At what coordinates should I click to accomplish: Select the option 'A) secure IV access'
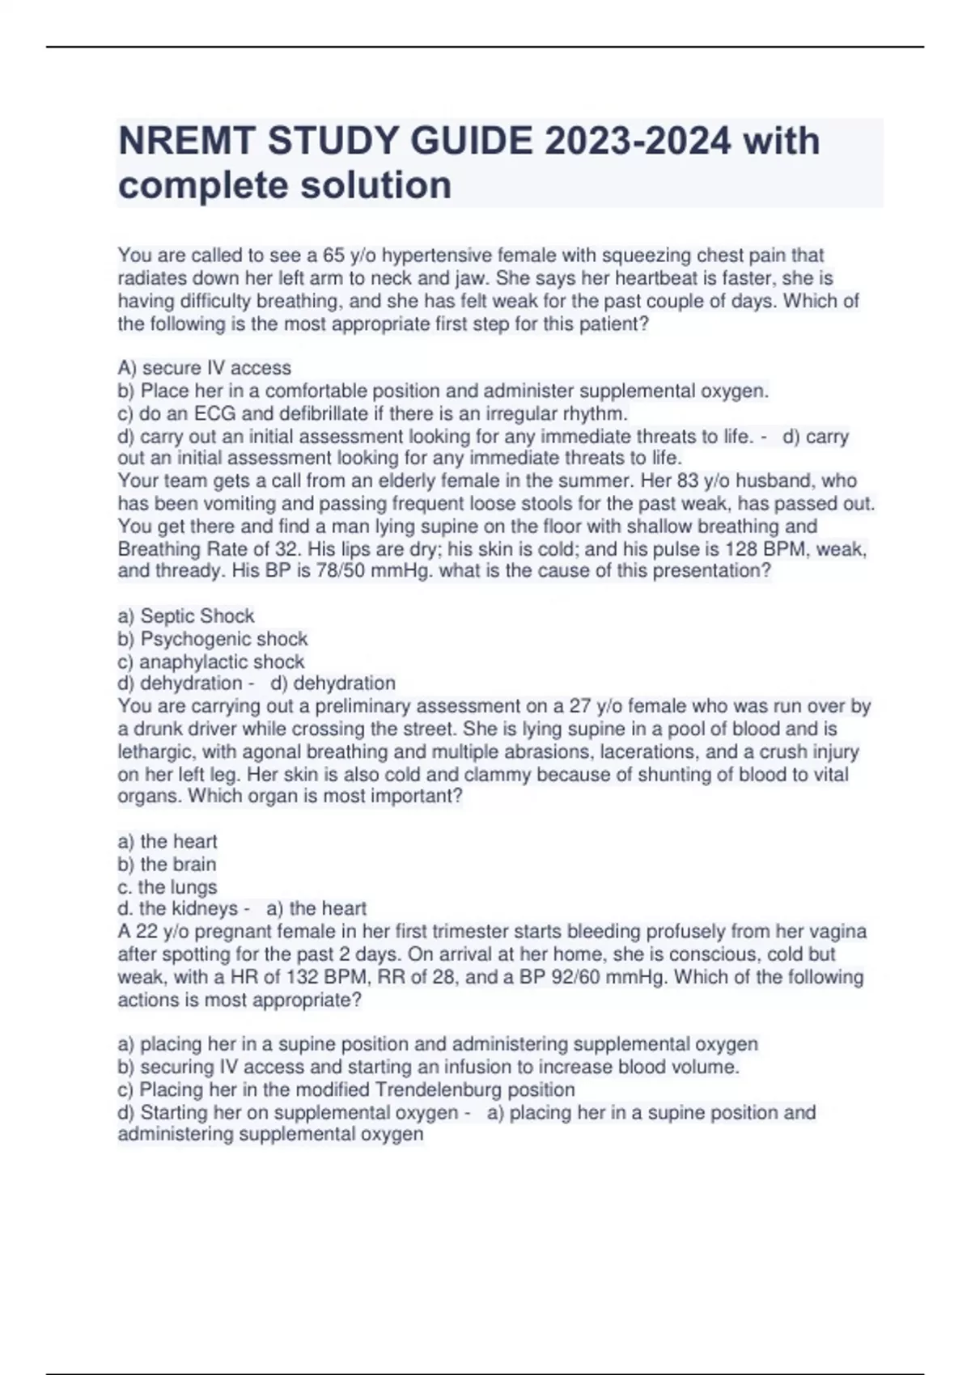[x=205, y=368]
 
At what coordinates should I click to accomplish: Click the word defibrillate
[x=327, y=413]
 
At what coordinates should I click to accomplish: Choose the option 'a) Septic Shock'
[x=186, y=616]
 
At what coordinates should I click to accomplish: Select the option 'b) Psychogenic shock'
[x=213, y=639]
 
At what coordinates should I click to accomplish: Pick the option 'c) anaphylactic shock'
[x=211, y=662]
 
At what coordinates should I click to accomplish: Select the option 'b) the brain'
[x=167, y=864]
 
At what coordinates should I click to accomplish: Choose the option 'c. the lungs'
[x=167, y=886]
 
